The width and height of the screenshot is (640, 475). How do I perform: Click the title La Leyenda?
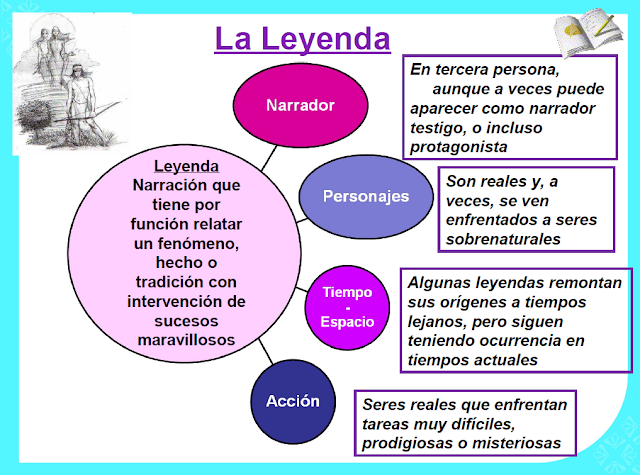pyautogui.click(x=303, y=39)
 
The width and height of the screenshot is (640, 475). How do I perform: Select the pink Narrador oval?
pyautogui.click(x=300, y=106)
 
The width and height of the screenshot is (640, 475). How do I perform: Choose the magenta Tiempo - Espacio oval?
pyautogui.click(x=347, y=306)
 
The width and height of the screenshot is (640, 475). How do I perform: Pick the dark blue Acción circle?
pyautogui.click(x=293, y=402)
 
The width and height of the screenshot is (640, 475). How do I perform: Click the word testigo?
pyautogui.click(x=439, y=127)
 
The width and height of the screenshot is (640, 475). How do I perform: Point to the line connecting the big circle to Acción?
pyautogui.click(x=262, y=355)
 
